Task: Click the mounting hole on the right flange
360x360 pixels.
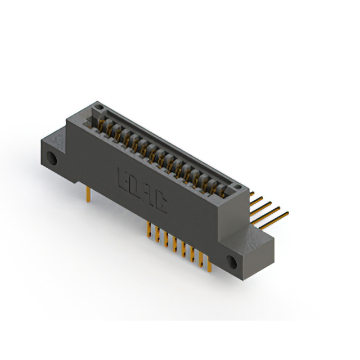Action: click(x=231, y=261)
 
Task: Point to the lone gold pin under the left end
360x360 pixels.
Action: click(x=88, y=194)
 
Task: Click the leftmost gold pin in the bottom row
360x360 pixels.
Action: click(x=148, y=229)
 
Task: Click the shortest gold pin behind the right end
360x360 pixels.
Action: click(x=256, y=197)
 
